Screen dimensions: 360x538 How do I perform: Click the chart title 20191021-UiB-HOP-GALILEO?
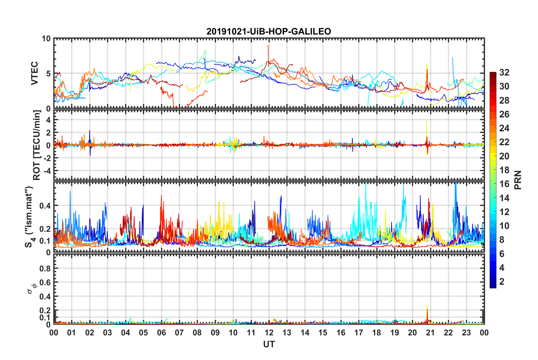click(x=268, y=31)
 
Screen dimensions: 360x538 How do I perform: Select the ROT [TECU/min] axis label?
click(x=37, y=145)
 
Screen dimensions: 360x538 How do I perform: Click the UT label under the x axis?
click(x=269, y=344)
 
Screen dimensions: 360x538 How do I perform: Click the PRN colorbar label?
click(x=518, y=180)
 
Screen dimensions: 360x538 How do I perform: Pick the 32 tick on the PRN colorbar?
click(x=504, y=72)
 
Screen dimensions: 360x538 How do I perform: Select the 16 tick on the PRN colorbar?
click(x=504, y=184)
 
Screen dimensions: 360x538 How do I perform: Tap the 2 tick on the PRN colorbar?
click(x=502, y=281)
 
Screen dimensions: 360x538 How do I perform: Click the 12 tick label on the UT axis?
click(x=269, y=333)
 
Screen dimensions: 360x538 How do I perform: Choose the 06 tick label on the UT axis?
click(x=161, y=333)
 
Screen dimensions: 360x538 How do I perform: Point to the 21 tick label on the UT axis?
click(x=430, y=333)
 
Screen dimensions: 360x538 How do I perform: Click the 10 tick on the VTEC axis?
click(x=46, y=38)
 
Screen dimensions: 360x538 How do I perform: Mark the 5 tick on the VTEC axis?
click(x=48, y=74)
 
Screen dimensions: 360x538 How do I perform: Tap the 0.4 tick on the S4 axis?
click(x=45, y=205)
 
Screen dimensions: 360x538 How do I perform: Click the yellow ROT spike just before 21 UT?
click(x=426, y=125)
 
